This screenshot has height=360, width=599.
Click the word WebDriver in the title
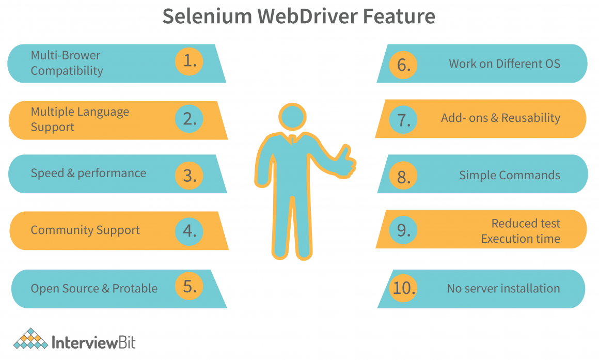pyautogui.click(x=307, y=16)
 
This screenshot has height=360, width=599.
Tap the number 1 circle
pyautogui.click(x=189, y=61)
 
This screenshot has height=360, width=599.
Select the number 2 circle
pyautogui.click(x=189, y=118)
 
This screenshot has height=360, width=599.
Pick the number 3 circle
pyautogui.click(x=189, y=176)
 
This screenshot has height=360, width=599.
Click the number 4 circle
pyautogui.click(x=189, y=231)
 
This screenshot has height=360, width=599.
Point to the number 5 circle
pyautogui.click(x=189, y=286)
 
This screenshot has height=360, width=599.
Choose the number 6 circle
pyautogui.click(x=403, y=65)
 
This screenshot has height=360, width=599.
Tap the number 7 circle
pyautogui.click(x=403, y=120)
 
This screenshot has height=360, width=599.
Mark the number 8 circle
pyautogui.click(x=403, y=176)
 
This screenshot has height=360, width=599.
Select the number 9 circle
pyautogui.click(x=403, y=230)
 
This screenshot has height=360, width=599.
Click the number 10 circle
pyautogui.click(x=403, y=288)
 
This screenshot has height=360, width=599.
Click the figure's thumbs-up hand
pyautogui.click(x=345, y=162)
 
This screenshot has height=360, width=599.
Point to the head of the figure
pyautogui.click(x=293, y=117)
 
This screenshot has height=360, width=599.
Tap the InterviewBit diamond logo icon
pyautogui.click(x=30, y=339)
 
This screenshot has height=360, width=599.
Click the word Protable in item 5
pyautogui.click(x=135, y=288)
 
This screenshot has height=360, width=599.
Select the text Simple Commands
pyautogui.click(x=510, y=175)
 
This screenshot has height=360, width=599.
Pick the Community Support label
pyautogui.click(x=85, y=230)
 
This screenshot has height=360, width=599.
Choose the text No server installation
pyautogui.click(x=503, y=288)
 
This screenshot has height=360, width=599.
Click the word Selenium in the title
pyautogui.click(x=207, y=16)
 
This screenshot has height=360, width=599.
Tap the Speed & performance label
pyautogui.click(x=88, y=173)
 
